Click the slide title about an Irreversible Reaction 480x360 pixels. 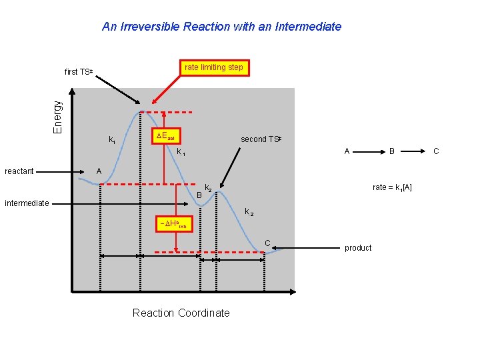[221, 27]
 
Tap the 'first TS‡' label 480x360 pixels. [79, 71]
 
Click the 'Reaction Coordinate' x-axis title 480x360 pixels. [181, 313]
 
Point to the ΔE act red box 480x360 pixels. [165, 137]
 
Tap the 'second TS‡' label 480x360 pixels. [261, 139]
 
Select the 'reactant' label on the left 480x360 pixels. [19, 171]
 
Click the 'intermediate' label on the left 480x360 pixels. [27, 203]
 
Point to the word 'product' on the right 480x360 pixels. [358, 248]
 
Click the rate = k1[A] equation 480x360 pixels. [392, 187]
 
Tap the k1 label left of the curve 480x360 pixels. [112, 140]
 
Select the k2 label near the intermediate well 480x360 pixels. [208, 189]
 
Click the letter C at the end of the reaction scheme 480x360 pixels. [437, 151]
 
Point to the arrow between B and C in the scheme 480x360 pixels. [415, 151]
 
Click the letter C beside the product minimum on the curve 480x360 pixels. [267, 243]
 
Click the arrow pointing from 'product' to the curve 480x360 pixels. [307, 248]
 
